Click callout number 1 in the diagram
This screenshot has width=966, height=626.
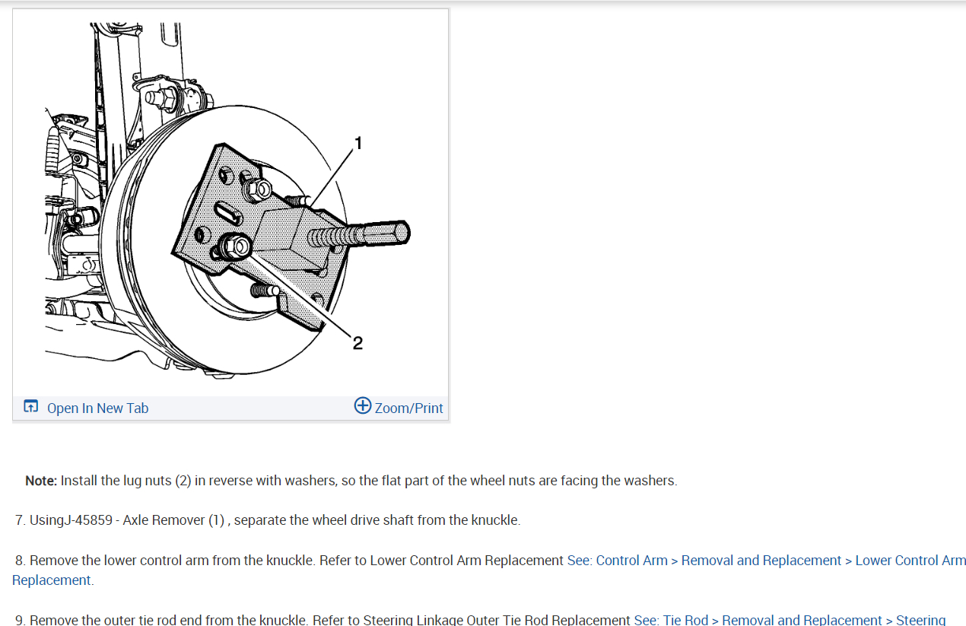click(x=358, y=143)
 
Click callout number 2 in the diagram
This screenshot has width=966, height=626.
click(x=357, y=343)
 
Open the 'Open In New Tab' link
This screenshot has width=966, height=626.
click(x=97, y=408)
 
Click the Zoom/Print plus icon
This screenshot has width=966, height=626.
click(x=363, y=406)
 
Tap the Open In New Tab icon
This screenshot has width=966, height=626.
click(x=30, y=406)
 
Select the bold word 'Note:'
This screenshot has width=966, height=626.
click(x=41, y=481)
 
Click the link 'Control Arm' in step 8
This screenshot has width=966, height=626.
click(x=631, y=561)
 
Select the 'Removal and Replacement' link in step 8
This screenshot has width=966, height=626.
click(x=761, y=561)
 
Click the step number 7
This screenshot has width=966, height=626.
click(x=21, y=520)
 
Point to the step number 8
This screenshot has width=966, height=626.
click(x=21, y=561)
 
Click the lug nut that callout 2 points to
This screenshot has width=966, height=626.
click(x=236, y=247)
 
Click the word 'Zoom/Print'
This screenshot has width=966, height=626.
click(x=409, y=408)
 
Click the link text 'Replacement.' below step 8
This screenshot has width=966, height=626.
click(x=52, y=580)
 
